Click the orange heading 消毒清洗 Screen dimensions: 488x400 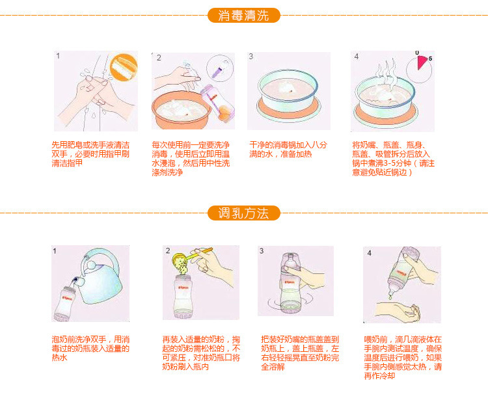(243, 16)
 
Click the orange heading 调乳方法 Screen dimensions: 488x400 (243, 213)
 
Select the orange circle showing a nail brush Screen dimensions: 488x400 (124, 67)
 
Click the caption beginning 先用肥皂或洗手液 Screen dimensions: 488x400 (90, 154)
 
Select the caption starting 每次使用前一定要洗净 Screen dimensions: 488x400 (191, 158)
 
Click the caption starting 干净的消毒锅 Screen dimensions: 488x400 (288, 150)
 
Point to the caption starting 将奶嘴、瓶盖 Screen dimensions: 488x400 (393, 159)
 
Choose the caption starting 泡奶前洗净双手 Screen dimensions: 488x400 (90, 349)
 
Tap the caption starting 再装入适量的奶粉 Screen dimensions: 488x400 (201, 353)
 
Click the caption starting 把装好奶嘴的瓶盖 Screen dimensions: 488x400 (300, 353)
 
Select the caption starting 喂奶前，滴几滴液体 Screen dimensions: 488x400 (403, 358)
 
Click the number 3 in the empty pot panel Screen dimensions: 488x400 (251, 57)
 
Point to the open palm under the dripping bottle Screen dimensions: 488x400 (398, 313)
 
